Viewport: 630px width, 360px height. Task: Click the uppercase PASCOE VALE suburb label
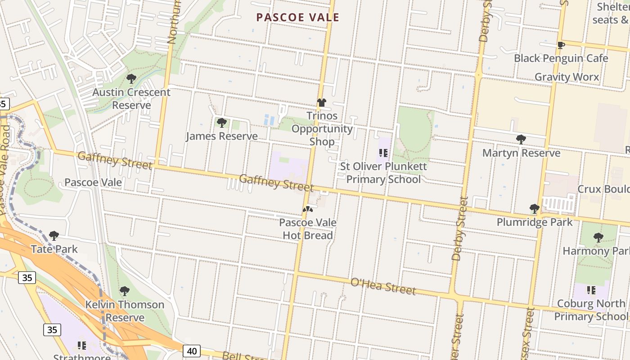297,18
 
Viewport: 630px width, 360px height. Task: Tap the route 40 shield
192,351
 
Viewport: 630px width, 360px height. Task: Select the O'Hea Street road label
382,286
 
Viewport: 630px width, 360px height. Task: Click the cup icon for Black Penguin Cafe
561,45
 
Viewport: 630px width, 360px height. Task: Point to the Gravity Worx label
567,77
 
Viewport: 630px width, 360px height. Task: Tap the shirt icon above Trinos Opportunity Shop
321,103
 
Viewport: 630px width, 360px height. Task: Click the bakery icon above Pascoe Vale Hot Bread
307,209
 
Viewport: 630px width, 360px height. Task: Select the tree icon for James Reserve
221,123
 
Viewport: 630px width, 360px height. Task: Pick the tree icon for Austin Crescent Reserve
131,79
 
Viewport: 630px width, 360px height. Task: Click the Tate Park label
54,249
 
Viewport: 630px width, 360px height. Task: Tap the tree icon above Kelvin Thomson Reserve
125,291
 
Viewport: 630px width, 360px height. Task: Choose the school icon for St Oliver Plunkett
383,153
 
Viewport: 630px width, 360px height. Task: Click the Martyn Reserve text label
521,153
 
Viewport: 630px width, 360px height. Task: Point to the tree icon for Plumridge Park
535,209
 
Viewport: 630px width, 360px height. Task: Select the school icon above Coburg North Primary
591,290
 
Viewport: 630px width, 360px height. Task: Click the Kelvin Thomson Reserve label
125,311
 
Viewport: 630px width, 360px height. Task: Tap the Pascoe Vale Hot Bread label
308,229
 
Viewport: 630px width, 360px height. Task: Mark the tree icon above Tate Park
54,236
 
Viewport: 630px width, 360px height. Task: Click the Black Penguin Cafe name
561,58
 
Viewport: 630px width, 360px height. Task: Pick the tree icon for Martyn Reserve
521,139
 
